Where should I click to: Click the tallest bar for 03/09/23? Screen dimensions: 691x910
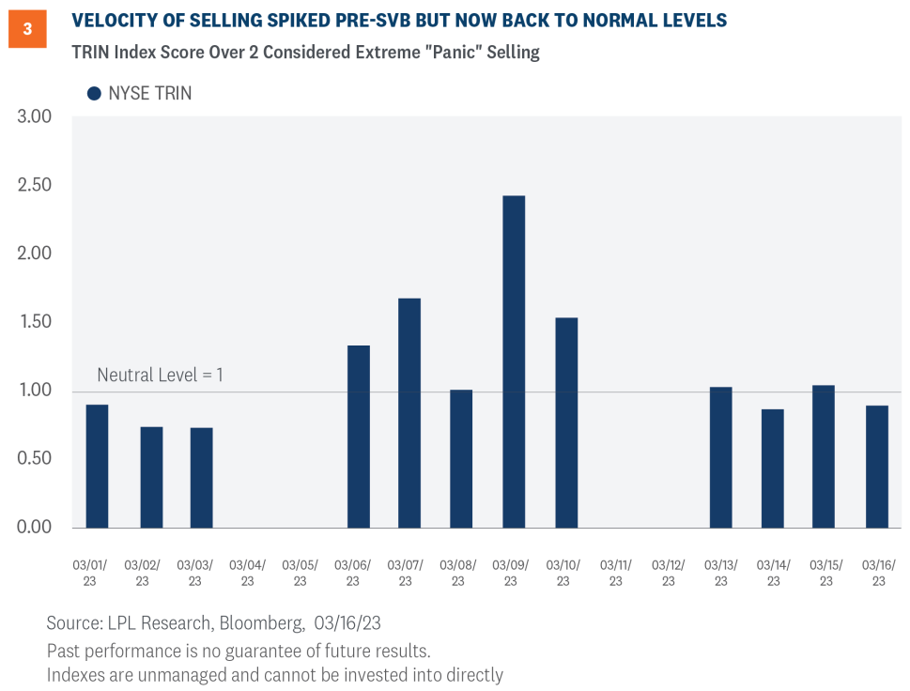click(514, 361)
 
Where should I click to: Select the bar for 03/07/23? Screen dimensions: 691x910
click(409, 413)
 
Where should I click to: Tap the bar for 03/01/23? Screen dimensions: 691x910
click(97, 466)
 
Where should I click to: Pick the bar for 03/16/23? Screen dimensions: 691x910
click(876, 467)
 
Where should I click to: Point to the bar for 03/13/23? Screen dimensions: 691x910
click(720, 457)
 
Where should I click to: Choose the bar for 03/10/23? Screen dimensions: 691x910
click(565, 422)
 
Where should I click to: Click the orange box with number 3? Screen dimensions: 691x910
click(27, 29)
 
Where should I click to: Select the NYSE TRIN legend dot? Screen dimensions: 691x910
click(94, 93)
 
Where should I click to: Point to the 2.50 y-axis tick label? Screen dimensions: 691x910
click(36, 185)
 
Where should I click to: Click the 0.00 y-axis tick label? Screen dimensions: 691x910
click(36, 528)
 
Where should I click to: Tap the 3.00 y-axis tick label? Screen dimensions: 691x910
click(36, 116)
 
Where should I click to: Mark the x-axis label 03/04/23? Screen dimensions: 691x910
click(247, 573)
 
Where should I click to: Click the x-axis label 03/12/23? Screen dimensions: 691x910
click(668, 573)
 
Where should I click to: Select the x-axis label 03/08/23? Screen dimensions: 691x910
click(457, 573)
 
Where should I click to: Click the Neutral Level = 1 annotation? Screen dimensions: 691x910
click(160, 376)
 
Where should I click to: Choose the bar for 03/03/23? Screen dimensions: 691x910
click(201, 478)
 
